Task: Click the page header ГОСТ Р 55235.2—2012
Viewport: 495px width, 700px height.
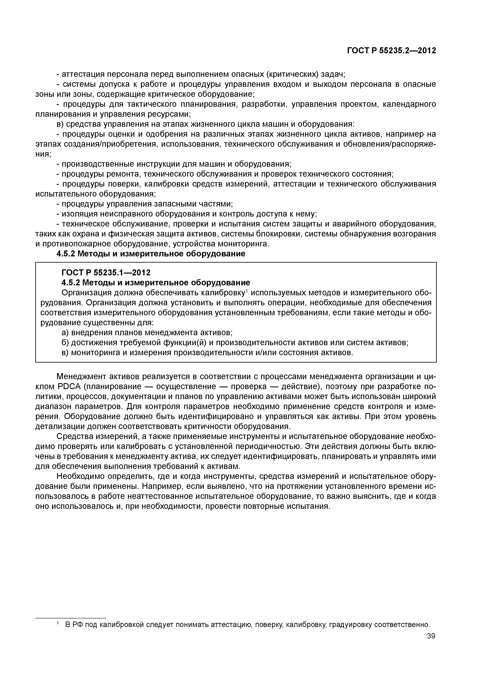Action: pyautogui.click(x=392, y=51)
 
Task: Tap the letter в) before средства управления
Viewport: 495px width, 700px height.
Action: pyautogui.click(x=60, y=124)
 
